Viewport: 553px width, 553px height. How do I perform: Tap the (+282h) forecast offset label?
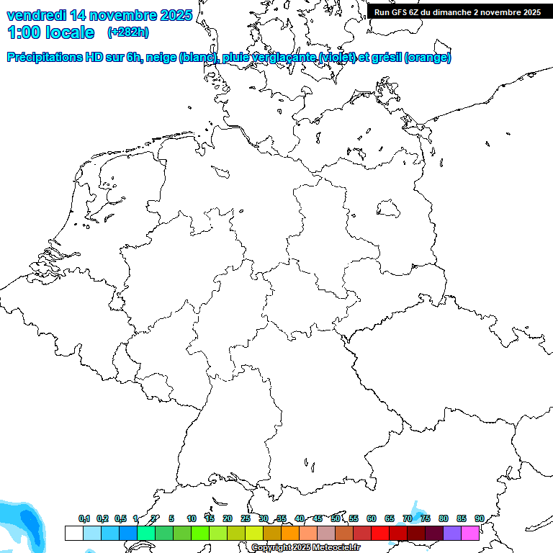(128, 32)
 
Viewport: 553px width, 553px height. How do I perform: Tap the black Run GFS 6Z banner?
(458, 12)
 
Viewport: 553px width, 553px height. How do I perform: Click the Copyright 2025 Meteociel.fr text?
(306, 548)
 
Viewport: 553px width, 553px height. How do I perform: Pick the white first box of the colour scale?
(73, 533)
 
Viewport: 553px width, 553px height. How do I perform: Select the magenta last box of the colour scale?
(470, 533)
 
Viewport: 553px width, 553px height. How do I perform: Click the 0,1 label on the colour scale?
(84, 518)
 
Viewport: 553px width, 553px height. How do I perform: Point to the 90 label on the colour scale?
(480, 518)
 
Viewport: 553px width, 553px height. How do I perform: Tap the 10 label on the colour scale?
(192, 518)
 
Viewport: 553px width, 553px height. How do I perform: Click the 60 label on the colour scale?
(372, 518)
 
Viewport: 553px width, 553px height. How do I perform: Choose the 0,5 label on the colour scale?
(120, 518)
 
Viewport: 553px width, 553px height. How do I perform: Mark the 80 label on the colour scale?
(444, 518)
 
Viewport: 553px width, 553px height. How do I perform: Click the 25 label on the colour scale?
(246, 518)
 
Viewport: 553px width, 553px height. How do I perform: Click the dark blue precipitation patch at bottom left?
(29, 520)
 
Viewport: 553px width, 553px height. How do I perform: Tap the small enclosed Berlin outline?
(389, 209)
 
